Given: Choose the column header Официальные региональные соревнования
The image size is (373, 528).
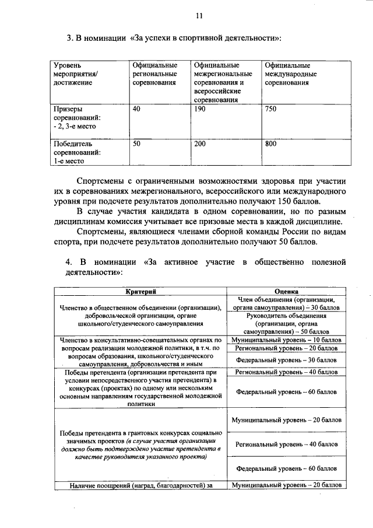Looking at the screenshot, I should point(154,75).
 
